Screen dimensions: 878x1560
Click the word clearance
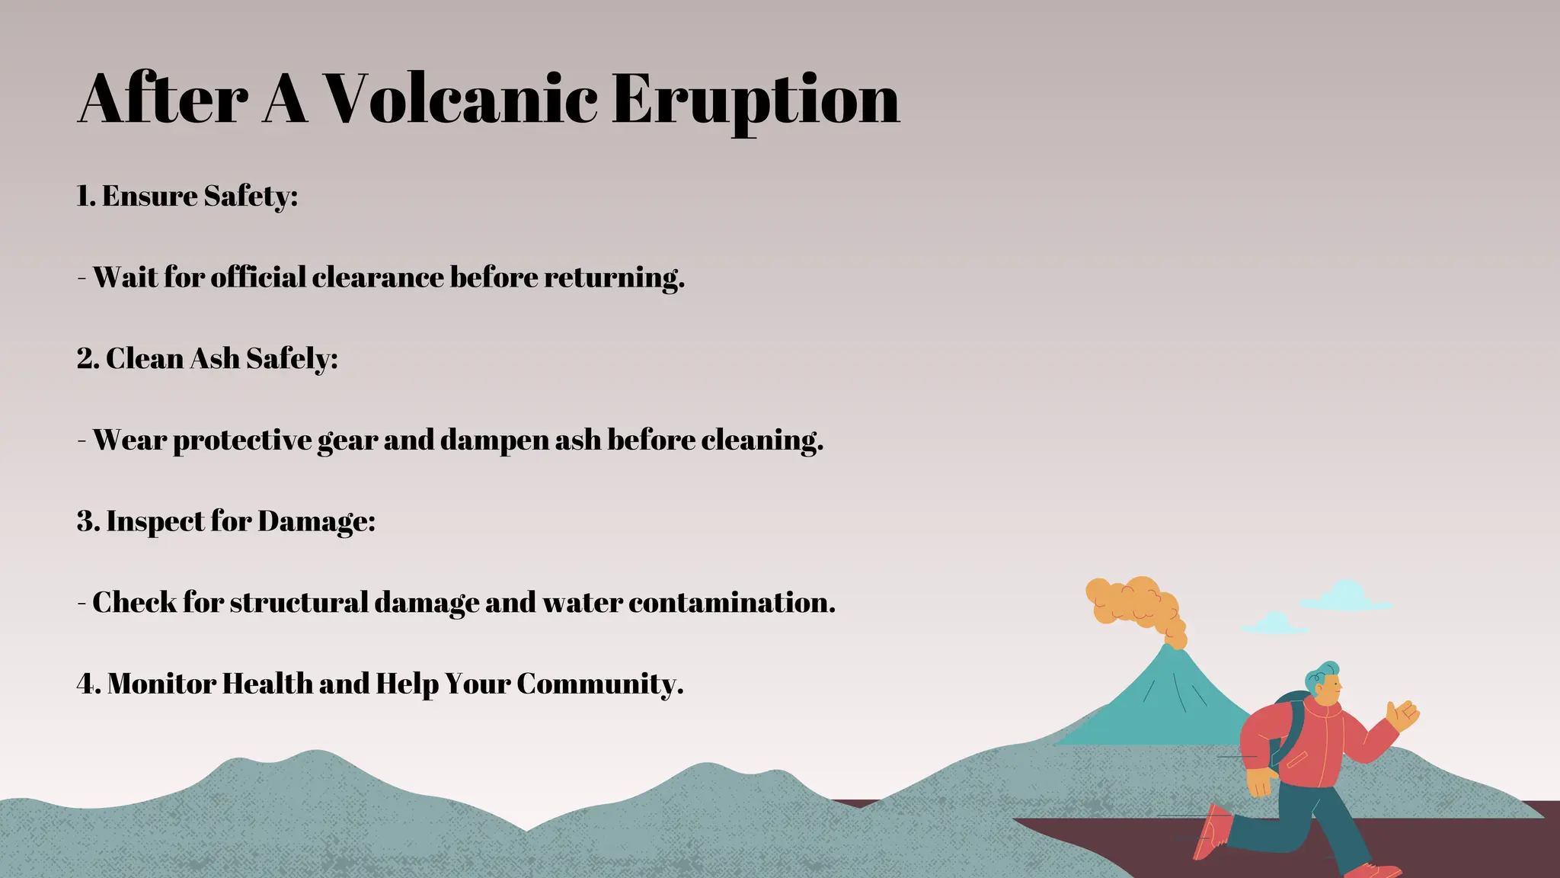(x=377, y=277)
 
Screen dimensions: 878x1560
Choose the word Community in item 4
(x=599, y=684)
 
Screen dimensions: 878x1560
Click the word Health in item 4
(x=267, y=684)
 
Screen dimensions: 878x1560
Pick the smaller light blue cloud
(x=1274, y=624)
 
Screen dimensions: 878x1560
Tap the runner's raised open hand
(x=1402, y=715)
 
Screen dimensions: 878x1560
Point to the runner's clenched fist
(x=1261, y=782)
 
